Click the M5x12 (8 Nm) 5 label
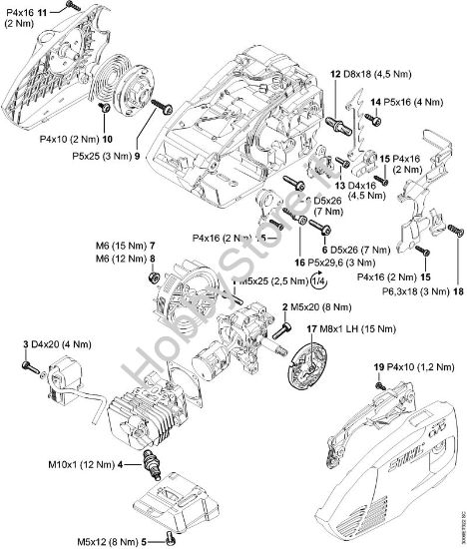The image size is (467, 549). tap(111, 540)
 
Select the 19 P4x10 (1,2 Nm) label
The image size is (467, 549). tap(411, 367)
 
